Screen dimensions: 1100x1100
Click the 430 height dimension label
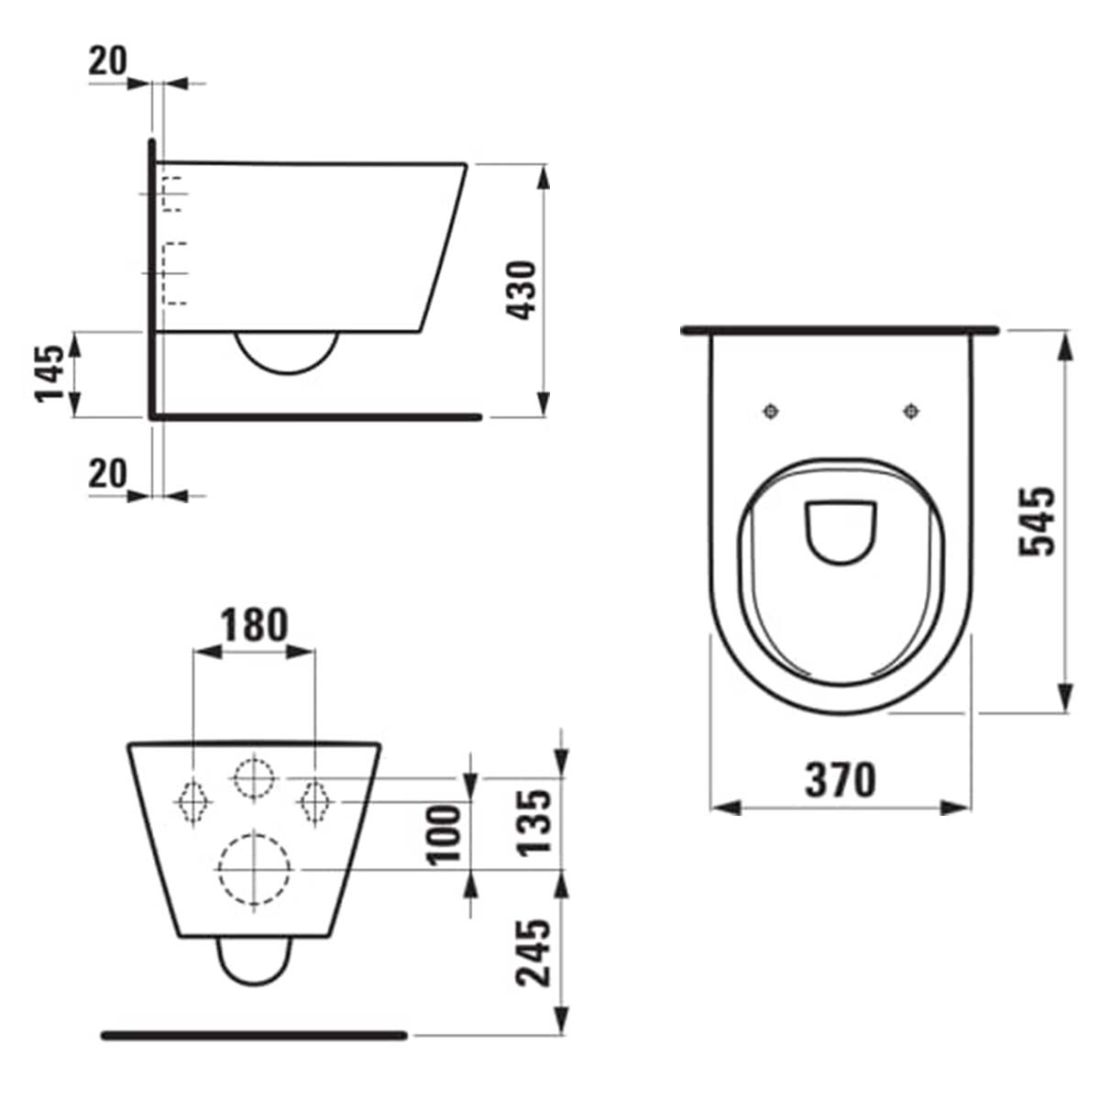pyautogui.click(x=522, y=291)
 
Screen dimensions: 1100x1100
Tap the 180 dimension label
pyautogui.click(x=254, y=625)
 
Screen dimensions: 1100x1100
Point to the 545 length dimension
pyautogui.click(x=1038, y=521)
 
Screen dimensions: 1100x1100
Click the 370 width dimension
pyautogui.click(x=841, y=781)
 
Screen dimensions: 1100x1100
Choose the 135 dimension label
pyautogui.click(x=535, y=821)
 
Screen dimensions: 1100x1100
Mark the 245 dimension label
pyautogui.click(x=535, y=952)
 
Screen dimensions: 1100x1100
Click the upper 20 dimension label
pyautogui.click(x=108, y=61)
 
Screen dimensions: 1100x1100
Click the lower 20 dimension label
pyautogui.click(x=108, y=474)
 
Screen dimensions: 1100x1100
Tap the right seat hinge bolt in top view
pyautogui.click(x=911, y=412)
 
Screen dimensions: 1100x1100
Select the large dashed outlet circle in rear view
pyautogui.click(x=254, y=869)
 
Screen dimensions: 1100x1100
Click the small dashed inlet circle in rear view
pyautogui.click(x=254, y=779)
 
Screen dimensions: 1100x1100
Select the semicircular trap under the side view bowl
pyautogui.click(x=287, y=353)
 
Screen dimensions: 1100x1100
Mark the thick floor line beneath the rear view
pyautogui.click(x=254, y=1035)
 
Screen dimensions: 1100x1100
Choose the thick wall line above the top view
pyautogui.click(x=840, y=329)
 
